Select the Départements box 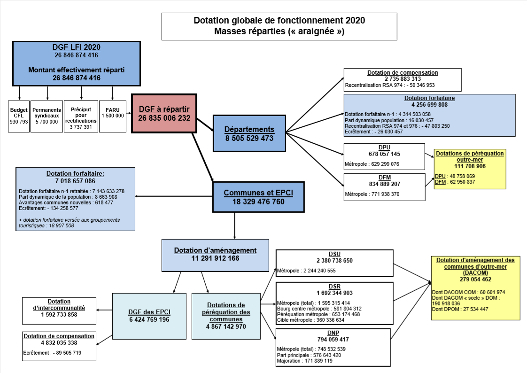[249, 133]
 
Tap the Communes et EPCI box [258, 197]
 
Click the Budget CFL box [19, 116]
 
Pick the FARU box [113, 116]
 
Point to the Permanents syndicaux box [46, 116]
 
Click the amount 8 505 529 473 [249, 138]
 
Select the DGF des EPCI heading [149, 312]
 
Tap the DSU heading [334, 254]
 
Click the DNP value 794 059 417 [333, 339]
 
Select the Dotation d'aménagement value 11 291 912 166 [215, 258]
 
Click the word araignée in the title [318, 32]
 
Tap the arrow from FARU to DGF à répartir [128, 113]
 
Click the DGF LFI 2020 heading [76, 47]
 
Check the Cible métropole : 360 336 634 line [310, 320]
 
